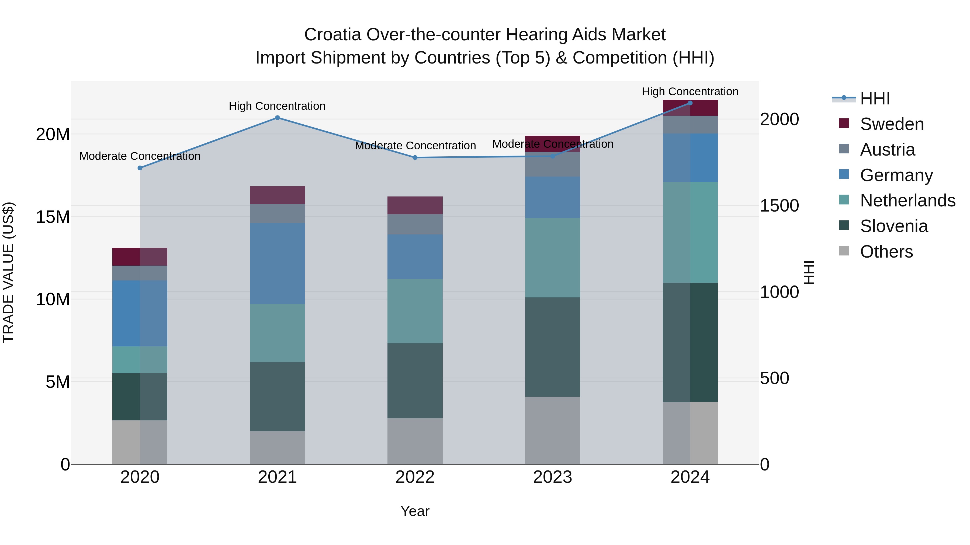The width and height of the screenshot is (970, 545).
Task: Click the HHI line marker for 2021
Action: pyautogui.click(x=277, y=118)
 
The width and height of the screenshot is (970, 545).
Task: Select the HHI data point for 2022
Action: pyautogui.click(x=415, y=158)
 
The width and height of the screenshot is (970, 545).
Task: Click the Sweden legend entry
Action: pyautogui.click(x=892, y=124)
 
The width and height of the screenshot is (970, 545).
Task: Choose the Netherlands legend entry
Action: pyautogui.click(x=907, y=201)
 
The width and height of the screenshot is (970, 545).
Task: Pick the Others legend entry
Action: pyautogui.click(x=886, y=252)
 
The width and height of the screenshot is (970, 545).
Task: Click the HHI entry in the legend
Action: pyautogui.click(x=875, y=99)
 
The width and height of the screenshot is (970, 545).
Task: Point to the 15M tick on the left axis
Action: pyautogui.click(x=53, y=217)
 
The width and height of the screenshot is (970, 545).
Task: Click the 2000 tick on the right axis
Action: pyautogui.click(x=779, y=119)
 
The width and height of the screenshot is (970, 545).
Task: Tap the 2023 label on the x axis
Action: pyautogui.click(x=552, y=477)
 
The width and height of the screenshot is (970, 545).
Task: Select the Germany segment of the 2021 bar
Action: pyautogui.click(x=277, y=263)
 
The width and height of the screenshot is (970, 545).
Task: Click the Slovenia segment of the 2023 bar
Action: pyautogui.click(x=552, y=347)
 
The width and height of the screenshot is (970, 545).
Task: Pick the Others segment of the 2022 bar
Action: pyautogui.click(x=415, y=441)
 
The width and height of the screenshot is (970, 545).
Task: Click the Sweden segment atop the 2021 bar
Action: pyautogui.click(x=277, y=195)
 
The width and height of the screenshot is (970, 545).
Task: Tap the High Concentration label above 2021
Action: pyautogui.click(x=277, y=106)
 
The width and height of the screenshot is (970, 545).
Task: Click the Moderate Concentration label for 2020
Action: pyautogui.click(x=140, y=156)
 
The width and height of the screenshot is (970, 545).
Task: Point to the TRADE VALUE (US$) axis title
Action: pyautogui.click(x=8, y=272)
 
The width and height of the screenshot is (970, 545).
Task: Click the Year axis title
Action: pyautogui.click(x=415, y=511)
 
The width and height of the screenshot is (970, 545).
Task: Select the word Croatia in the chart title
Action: pyautogui.click(x=332, y=35)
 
